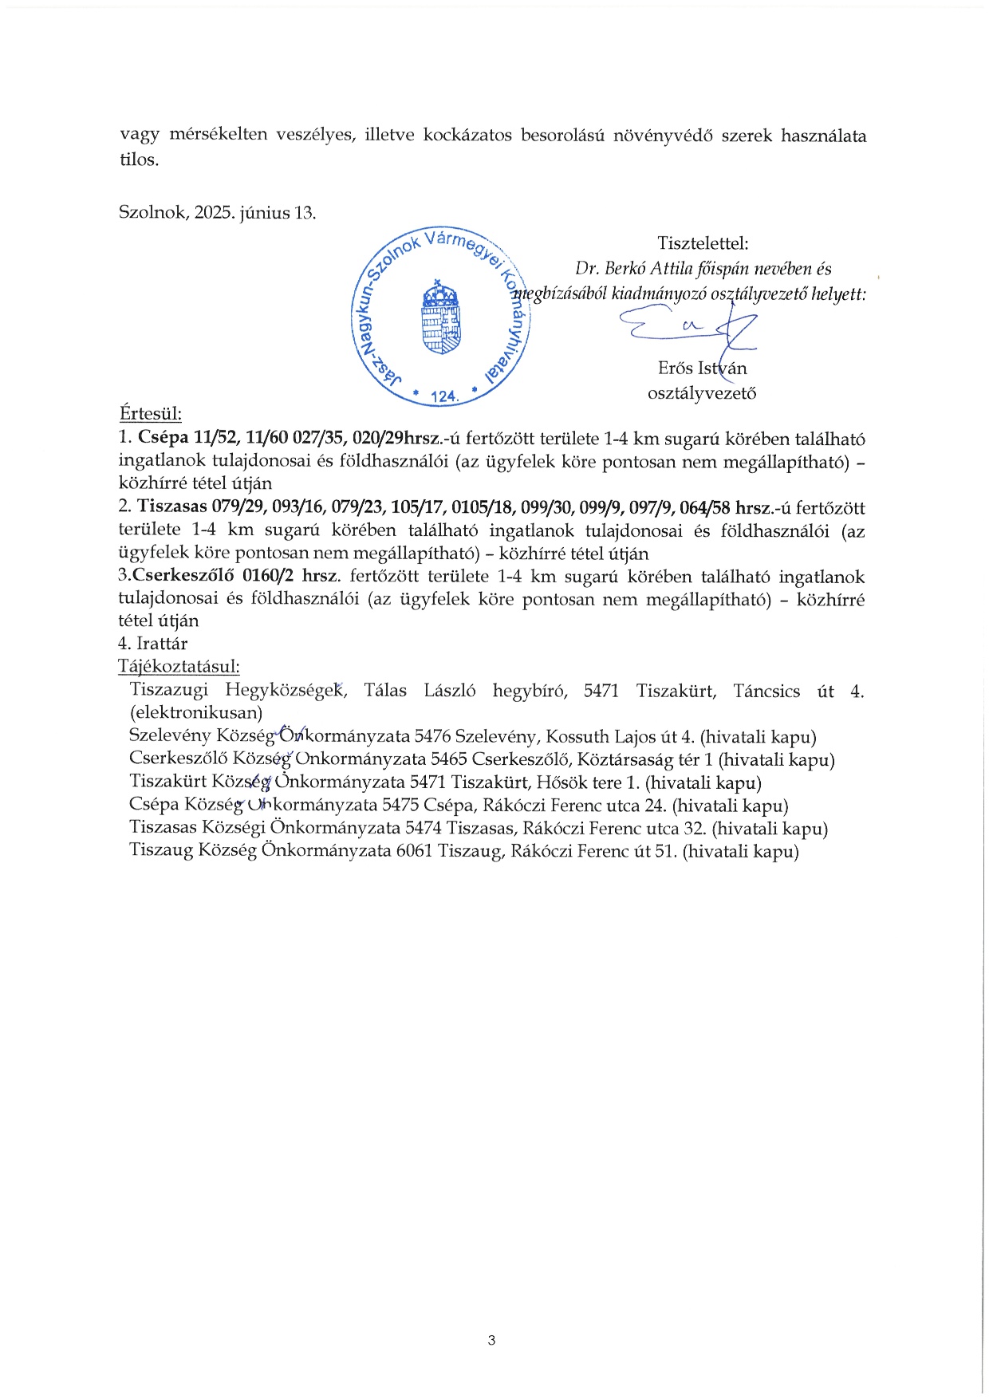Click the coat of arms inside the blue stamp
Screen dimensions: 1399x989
pos(442,317)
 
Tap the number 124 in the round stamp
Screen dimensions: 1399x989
pos(443,396)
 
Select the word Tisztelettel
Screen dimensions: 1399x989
pos(703,243)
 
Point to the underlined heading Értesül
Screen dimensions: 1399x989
pos(150,414)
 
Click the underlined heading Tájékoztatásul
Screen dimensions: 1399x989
pos(179,667)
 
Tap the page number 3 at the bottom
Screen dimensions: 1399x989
pos(491,1339)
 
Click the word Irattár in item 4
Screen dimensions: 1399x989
pos(162,644)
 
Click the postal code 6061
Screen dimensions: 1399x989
pos(415,851)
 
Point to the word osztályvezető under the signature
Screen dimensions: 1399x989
pos(702,392)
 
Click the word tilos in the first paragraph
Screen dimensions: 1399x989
pos(137,160)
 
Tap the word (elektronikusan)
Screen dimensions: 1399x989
pos(196,712)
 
